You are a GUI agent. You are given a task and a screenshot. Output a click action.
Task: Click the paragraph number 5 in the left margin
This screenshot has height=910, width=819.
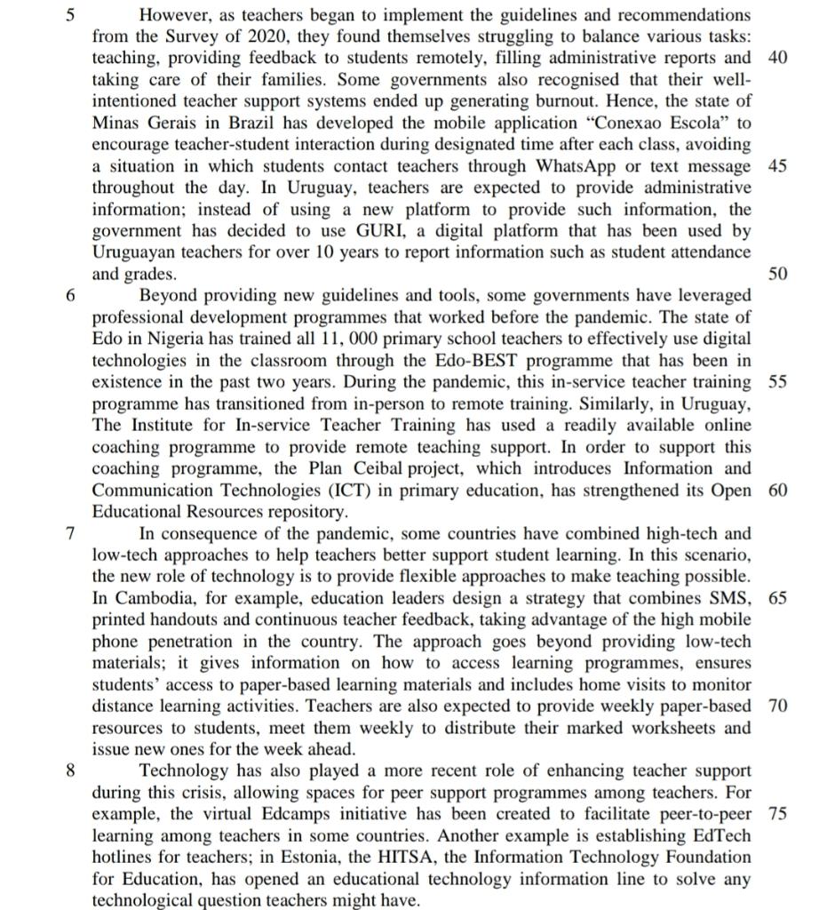tap(72, 15)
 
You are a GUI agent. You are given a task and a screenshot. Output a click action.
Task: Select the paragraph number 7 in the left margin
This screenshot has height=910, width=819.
tap(72, 533)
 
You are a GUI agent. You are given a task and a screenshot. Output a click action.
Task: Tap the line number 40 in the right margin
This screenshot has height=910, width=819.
tap(776, 58)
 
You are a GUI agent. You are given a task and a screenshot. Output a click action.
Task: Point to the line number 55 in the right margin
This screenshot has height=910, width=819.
tap(776, 382)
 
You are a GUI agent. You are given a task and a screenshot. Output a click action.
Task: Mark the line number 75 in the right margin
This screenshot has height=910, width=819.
tap(776, 813)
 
